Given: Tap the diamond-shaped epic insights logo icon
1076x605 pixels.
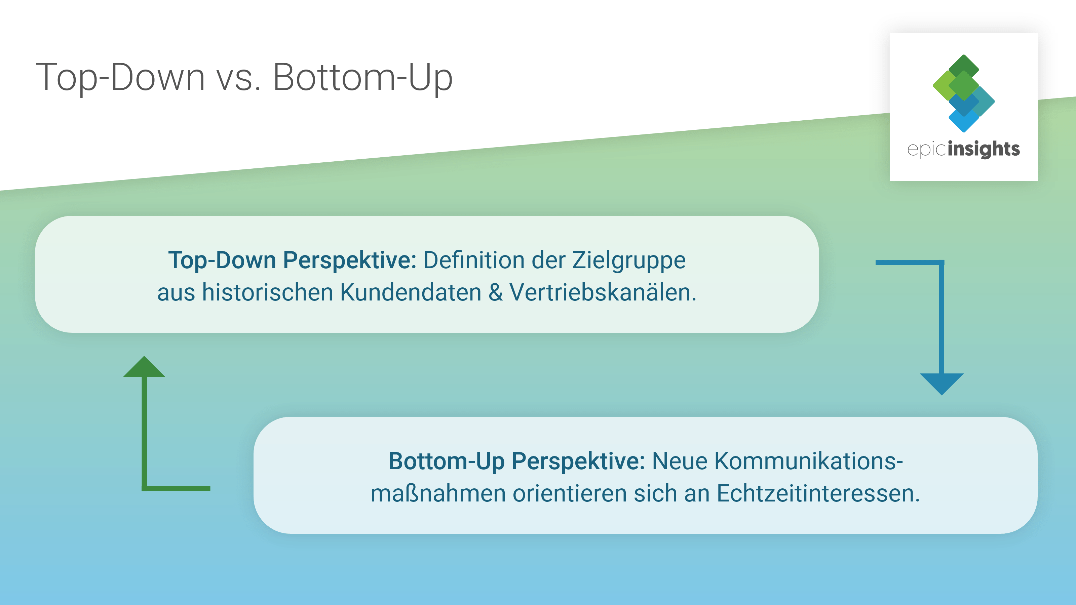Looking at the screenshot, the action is point(963,93).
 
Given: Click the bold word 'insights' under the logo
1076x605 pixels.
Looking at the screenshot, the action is point(984,149).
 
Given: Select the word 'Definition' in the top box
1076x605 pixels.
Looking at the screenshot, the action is point(474,260).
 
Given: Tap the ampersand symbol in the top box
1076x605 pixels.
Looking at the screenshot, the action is point(495,292).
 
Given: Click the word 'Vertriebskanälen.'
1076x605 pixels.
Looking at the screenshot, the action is point(603,292).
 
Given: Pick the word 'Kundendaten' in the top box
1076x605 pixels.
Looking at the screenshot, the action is point(410,292).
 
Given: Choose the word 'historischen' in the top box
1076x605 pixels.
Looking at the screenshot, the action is point(267,292).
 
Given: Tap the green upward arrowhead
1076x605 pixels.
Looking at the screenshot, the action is point(144,367).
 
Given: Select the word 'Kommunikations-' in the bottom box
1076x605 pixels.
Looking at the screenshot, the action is point(809,461).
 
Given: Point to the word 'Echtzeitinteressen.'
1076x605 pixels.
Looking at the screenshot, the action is point(818,493).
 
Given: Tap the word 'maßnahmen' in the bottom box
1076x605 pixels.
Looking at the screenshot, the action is point(438,493).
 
